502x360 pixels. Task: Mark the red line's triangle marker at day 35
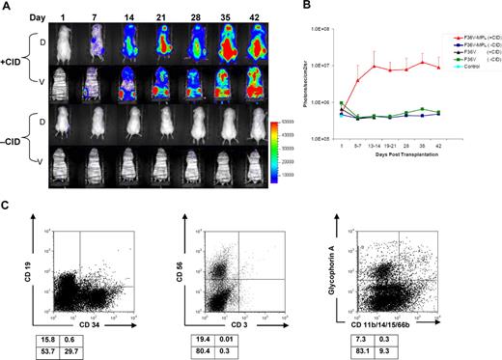(x=423, y=62)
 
